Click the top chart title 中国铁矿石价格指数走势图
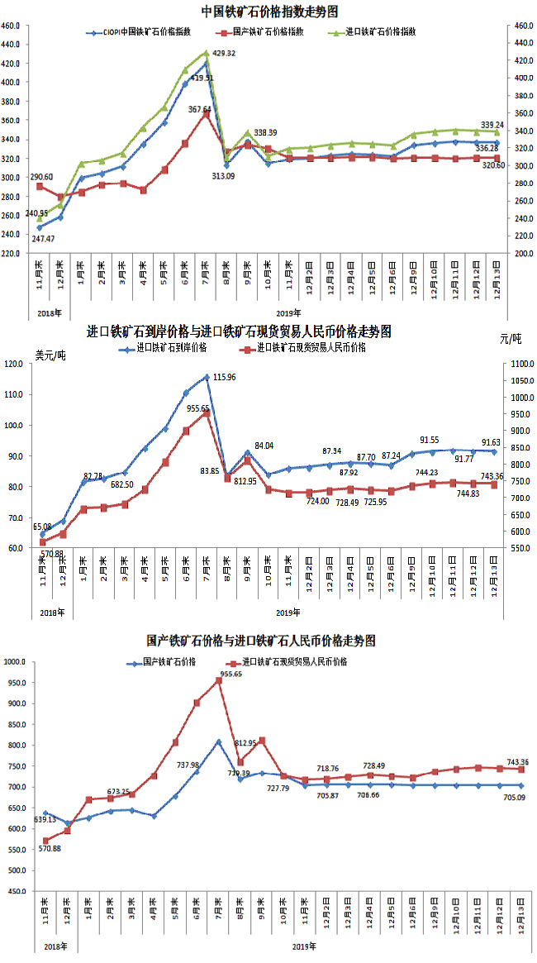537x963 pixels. (269, 11)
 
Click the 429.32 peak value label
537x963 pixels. (224, 53)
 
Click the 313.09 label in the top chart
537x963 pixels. (224, 175)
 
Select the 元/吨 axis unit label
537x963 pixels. (511, 338)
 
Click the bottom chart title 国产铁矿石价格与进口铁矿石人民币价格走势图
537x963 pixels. (261, 641)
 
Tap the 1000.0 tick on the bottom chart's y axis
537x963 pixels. (18, 662)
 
